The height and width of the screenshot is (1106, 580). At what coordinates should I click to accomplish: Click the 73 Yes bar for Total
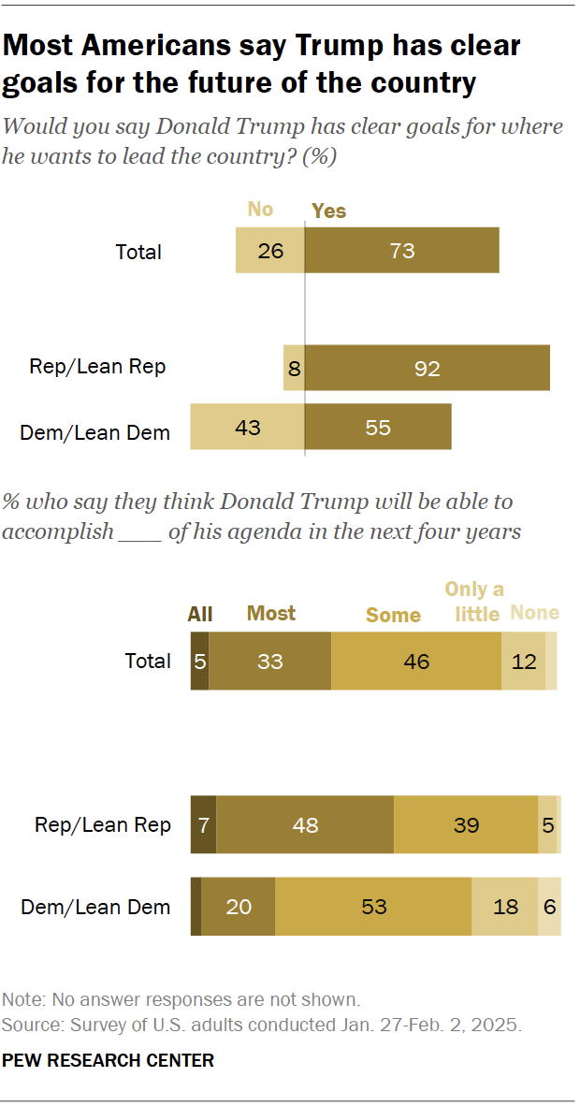(401, 251)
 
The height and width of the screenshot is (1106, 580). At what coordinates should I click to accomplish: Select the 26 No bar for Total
(270, 251)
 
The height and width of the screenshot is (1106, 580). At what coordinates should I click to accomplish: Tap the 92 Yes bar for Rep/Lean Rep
(427, 368)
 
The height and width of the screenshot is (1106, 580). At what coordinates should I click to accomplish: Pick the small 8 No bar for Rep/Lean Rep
(294, 368)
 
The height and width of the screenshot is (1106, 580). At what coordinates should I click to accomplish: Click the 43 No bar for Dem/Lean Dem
(247, 428)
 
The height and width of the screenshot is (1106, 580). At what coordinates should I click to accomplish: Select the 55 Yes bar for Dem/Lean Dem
(378, 428)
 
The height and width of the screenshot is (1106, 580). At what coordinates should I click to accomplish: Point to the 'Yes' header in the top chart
(328, 211)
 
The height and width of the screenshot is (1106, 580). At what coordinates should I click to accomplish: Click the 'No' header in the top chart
(260, 209)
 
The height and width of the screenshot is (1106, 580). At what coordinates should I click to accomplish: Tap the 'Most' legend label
(270, 614)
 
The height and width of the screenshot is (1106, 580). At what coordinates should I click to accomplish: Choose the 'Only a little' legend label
(473, 601)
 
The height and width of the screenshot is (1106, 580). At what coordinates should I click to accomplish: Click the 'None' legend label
(534, 614)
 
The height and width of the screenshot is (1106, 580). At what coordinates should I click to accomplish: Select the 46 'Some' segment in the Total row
(416, 662)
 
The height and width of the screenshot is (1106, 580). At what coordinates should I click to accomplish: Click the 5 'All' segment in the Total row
(199, 662)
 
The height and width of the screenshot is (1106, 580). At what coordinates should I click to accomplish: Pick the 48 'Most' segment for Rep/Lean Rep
(305, 824)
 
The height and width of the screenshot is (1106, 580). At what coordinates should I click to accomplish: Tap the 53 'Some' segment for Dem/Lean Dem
(373, 907)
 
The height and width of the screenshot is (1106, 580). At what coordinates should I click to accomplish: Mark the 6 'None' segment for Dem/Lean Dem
(549, 907)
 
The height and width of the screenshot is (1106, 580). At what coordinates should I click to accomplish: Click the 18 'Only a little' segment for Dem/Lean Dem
(504, 907)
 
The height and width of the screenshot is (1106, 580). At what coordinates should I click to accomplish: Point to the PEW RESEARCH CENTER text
(108, 1060)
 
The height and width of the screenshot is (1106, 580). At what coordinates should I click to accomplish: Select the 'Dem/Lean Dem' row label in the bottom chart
(95, 907)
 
